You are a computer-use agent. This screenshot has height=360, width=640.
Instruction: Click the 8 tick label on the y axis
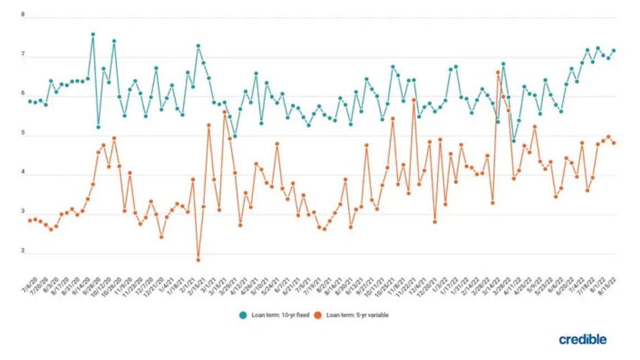[x=23, y=14]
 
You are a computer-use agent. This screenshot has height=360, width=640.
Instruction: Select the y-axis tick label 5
[x=23, y=133]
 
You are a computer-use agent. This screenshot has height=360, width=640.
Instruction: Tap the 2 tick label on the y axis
[x=23, y=252]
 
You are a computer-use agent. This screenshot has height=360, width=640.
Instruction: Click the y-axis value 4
[x=23, y=173]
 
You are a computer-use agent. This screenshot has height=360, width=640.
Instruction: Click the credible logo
[x=582, y=339]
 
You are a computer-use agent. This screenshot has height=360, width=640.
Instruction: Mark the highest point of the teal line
[x=93, y=34]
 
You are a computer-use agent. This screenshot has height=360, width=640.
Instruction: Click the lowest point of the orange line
[x=198, y=260]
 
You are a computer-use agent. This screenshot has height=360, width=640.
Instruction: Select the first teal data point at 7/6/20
[x=30, y=101]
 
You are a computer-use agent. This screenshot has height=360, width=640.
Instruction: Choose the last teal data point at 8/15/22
[x=613, y=50]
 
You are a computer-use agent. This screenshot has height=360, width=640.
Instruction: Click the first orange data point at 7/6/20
[x=30, y=220]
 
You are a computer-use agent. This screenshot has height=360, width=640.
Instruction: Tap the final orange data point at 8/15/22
[x=613, y=143]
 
